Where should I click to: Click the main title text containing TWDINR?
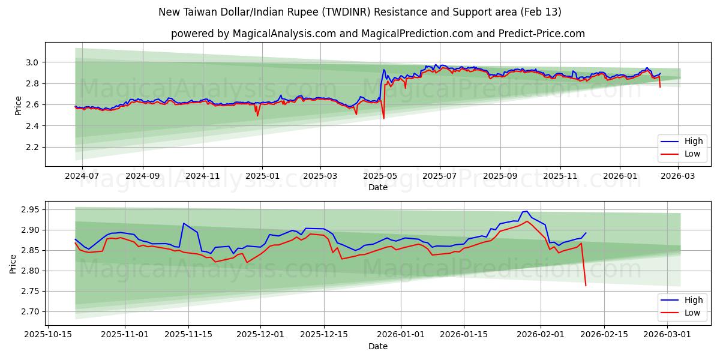[360, 12]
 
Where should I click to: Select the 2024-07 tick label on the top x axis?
[82, 176]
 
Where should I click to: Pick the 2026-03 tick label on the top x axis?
[678, 176]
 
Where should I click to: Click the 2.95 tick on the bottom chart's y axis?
[29, 209]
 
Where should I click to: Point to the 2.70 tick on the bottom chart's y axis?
[29, 311]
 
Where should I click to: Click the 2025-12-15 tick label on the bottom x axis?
[324, 334]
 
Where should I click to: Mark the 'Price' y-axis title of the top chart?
[18, 104]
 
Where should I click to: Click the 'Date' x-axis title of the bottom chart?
[378, 346]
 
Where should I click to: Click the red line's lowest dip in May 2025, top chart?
[384, 118]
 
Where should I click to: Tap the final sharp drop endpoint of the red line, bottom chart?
[586, 286]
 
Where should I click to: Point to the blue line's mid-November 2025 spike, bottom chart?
[184, 223]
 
